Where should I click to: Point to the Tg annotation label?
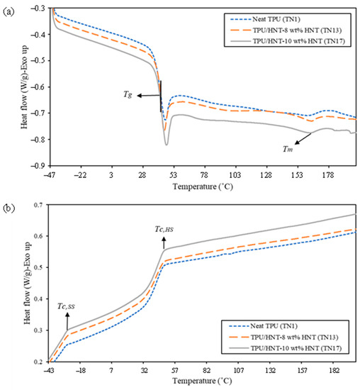(x=128, y=94)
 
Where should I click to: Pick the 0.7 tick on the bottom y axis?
(x=37, y=205)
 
